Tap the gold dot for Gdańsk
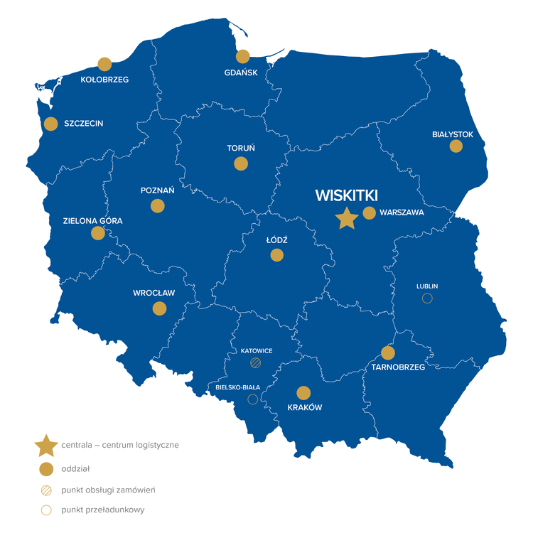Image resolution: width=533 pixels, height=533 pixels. pyautogui.click(x=243, y=56)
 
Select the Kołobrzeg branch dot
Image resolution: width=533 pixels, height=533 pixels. pyautogui.click(x=104, y=64)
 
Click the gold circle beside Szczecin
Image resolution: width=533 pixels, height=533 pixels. pyautogui.click(x=50, y=124)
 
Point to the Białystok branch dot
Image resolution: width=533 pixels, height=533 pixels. pyautogui.click(x=456, y=146)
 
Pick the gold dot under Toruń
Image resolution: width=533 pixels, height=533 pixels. pyautogui.click(x=241, y=163)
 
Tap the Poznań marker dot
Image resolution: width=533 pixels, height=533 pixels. pyautogui.click(x=158, y=206)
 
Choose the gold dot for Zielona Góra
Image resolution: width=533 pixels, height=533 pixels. pyautogui.click(x=98, y=233)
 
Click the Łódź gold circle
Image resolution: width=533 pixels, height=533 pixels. pyautogui.click(x=276, y=255)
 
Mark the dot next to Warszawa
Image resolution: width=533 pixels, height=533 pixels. pyautogui.click(x=369, y=212)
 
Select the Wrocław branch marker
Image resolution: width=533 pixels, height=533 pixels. pyautogui.click(x=159, y=308)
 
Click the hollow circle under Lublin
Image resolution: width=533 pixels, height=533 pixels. pyautogui.click(x=427, y=298)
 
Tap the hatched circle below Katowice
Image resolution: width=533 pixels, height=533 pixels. pyautogui.click(x=256, y=363)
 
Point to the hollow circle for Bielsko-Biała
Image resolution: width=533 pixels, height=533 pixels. pyautogui.click(x=252, y=399)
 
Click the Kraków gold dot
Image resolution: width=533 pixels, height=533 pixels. pyautogui.click(x=303, y=393)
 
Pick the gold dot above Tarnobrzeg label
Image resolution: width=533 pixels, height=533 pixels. pyautogui.click(x=388, y=352)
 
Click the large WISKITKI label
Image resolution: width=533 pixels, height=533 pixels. pyautogui.click(x=346, y=195)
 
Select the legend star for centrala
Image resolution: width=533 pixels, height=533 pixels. pyautogui.click(x=46, y=446)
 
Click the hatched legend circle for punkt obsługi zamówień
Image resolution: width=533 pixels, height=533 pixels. pyautogui.click(x=47, y=490)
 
